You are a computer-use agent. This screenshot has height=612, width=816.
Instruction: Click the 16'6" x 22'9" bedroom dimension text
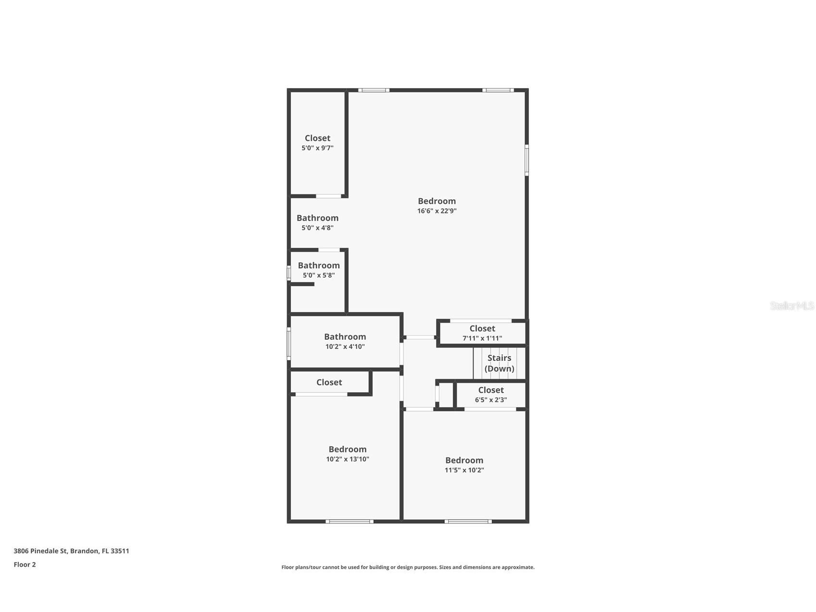pos(437,211)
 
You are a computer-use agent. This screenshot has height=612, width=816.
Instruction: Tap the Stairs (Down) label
pos(499,363)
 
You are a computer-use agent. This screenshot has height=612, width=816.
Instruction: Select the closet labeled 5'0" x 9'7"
pos(317,143)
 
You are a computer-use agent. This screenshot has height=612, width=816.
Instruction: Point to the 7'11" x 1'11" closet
pos(482,333)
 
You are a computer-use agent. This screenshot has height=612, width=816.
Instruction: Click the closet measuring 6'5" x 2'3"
pos(490,395)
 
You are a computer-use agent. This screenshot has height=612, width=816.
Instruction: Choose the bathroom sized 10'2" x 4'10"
pos(345,341)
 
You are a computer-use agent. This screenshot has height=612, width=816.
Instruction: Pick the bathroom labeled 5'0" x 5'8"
pos(318,270)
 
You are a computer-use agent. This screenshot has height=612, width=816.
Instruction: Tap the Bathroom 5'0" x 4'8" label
pos(317,222)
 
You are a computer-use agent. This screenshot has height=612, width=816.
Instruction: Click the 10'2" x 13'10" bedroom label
pos(347,454)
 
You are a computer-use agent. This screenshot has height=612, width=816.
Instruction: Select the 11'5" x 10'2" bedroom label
pos(464,465)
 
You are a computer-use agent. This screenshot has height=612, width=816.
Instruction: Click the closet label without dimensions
pos(329,382)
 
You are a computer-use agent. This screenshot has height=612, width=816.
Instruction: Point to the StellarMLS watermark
pos(791,306)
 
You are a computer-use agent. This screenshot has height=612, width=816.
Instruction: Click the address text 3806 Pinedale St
pos(71,551)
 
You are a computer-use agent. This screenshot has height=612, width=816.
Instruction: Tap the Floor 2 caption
pos(25,564)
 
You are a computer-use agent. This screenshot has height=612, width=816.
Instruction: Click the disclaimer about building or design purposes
pos(408,567)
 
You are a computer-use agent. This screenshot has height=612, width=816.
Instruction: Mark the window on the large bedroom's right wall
pos(527,160)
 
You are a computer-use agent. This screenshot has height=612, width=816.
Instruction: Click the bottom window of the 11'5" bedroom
pos(468,521)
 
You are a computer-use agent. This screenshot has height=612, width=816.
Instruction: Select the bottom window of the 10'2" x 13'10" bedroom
pos(350,521)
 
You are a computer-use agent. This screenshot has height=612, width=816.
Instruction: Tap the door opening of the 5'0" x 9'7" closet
pos(328,196)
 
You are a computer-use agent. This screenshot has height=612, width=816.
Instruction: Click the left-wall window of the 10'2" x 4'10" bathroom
pos(289,344)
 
